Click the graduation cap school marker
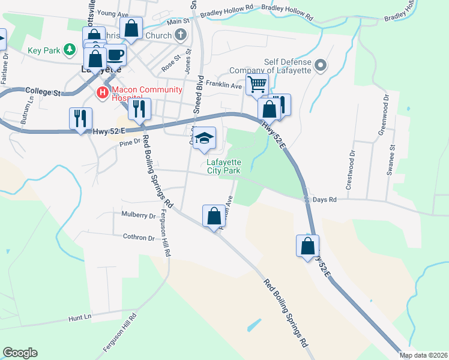[x=204, y=137]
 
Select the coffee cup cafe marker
[x=115, y=55]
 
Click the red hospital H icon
[x=102, y=92]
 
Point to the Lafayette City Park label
[x=224, y=166]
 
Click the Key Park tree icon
[x=70, y=49]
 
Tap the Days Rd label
[x=325, y=199]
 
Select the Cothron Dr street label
[x=139, y=238]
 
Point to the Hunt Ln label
[x=79, y=316]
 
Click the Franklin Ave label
[x=223, y=86]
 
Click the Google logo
[x=20, y=353]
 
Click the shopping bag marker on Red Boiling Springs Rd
[x=214, y=216]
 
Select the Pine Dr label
[x=129, y=142]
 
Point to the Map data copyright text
[x=423, y=355]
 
